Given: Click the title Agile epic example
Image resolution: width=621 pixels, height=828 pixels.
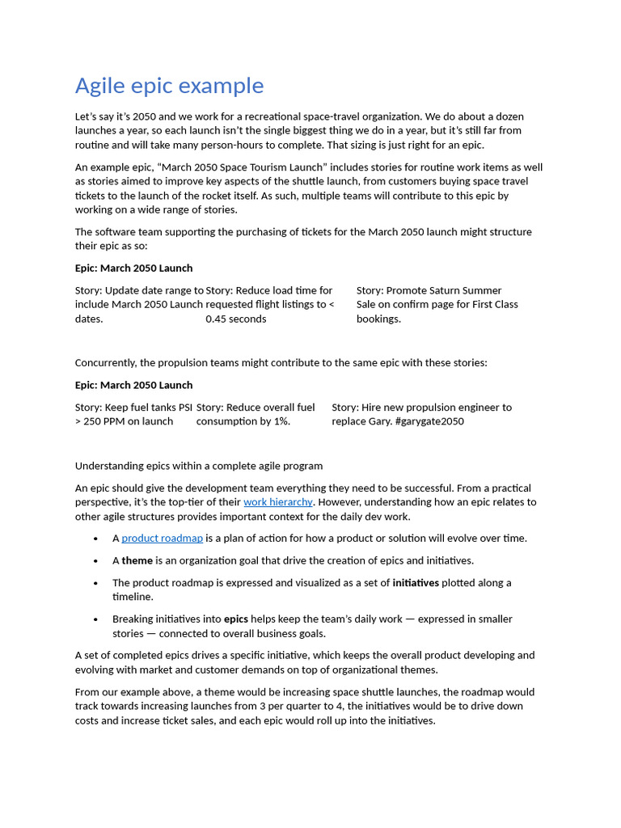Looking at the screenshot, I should (169, 86).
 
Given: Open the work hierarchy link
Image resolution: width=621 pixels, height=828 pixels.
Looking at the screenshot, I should (277, 502).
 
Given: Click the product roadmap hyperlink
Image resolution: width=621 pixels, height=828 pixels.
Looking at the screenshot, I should (162, 539).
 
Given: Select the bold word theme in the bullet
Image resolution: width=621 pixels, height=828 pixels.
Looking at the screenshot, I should (137, 560).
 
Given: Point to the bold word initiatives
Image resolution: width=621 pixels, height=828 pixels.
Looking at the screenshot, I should (416, 582).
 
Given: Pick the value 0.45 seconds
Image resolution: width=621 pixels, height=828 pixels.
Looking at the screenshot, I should (235, 319).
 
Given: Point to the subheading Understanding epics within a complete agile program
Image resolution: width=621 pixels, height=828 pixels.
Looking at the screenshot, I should (198, 466).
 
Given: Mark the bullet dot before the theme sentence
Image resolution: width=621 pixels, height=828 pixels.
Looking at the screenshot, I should (95, 561).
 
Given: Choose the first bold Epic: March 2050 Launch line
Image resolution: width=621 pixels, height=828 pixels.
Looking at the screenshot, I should (133, 268).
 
